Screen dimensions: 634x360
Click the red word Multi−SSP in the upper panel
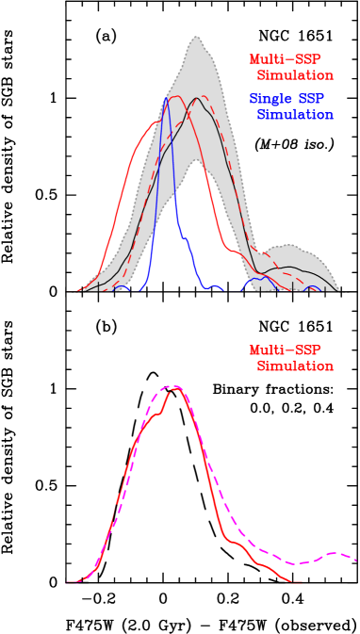coord(285,59)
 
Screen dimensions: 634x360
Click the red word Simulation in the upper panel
coord(295,75)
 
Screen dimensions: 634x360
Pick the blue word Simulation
coord(295,115)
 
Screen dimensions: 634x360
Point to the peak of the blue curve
coord(166,98)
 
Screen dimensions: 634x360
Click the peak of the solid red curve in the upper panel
coord(175,96)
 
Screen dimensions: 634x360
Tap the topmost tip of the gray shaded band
coord(196,36)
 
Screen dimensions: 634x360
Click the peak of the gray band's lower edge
coord(196,160)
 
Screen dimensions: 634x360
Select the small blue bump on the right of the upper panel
coord(254,280)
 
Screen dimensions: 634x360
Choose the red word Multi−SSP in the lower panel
coord(285,350)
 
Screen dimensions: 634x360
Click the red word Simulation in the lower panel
coord(295,366)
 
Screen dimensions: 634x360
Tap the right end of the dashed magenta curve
coord(356,560)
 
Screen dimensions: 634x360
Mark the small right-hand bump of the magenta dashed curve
coord(332,553)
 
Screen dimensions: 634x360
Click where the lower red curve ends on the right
coord(301,581)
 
